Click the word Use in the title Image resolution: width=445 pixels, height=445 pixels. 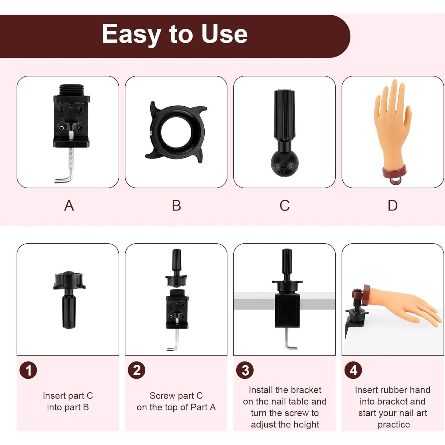(x=224, y=34)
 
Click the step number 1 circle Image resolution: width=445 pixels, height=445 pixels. (x=28, y=370)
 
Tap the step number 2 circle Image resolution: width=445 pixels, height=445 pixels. (x=137, y=370)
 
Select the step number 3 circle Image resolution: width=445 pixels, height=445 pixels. (x=245, y=370)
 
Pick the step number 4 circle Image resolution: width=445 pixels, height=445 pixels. (x=353, y=370)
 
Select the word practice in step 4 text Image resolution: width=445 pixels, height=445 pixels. (x=394, y=424)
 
